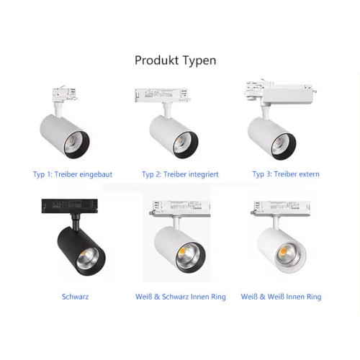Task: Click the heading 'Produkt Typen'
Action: click(x=176, y=60)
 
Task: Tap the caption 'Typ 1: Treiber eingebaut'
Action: click(x=73, y=174)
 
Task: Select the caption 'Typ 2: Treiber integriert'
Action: click(x=180, y=174)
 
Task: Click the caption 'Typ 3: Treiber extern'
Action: click(x=286, y=174)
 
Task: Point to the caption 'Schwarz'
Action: click(x=75, y=297)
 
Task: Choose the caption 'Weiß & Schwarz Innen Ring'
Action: click(x=181, y=297)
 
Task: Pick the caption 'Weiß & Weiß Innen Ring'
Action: click(x=281, y=297)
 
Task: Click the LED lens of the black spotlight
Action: click(x=88, y=258)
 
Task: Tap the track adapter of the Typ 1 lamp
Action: click(x=64, y=94)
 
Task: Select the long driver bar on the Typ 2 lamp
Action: click(x=163, y=95)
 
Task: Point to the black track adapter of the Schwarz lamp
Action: click(x=69, y=206)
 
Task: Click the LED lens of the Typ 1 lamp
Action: click(x=74, y=143)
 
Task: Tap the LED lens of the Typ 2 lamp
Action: click(x=183, y=143)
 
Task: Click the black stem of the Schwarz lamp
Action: click(x=76, y=222)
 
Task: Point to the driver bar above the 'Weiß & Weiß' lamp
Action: click(x=281, y=208)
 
